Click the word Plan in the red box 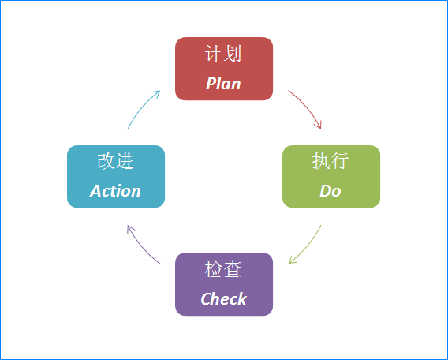tap(223, 84)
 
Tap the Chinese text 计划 tap(223, 54)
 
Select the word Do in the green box tap(330, 191)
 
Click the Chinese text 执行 tap(330, 161)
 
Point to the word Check tap(223, 299)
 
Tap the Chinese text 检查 tap(223, 268)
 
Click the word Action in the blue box tap(115, 191)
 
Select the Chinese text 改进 tap(115, 161)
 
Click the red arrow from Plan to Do tap(307, 107)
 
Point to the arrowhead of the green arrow tap(291, 261)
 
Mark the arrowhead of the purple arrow tap(129, 228)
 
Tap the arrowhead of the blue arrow tap(157, 93)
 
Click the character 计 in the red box tap(214, 54)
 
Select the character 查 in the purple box tap(233, 268)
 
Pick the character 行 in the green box tap(340, 161)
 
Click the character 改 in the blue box tap(106, 161)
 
